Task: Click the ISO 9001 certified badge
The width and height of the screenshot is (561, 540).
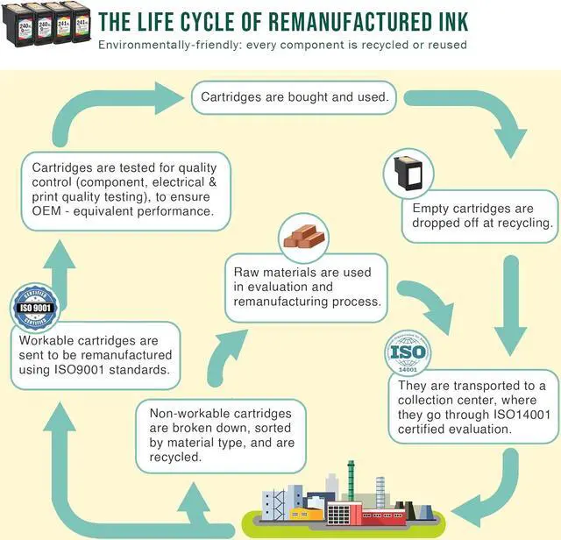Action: (x=36, y=307)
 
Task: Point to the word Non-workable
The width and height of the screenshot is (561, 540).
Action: (x=190, y=415)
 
